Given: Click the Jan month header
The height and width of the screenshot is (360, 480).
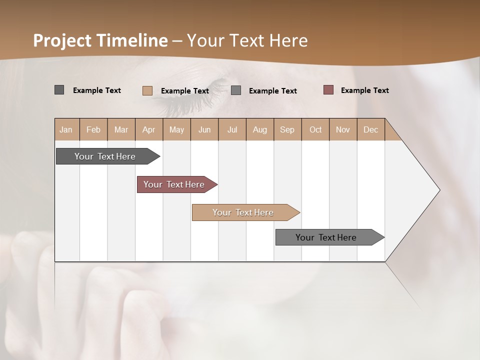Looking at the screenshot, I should [66, 129].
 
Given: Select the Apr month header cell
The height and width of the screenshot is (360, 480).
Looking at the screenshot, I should [149, 129].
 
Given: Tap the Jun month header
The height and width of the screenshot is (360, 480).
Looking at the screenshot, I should [204, 129].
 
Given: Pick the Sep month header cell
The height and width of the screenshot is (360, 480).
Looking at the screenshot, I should [287, 129].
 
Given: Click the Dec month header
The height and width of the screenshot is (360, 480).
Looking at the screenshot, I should [370, 129].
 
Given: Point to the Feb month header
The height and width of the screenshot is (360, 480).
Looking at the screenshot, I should [93, 129].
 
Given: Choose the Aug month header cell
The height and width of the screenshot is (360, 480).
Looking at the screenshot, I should [260, 129].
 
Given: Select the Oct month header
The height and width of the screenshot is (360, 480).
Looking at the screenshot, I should [315, 129].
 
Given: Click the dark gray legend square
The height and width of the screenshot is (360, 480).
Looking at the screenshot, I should [59, 90].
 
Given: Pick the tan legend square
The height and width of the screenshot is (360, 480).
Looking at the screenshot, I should [147, 90].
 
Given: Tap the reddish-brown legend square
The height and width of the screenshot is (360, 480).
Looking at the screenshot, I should [328, 90].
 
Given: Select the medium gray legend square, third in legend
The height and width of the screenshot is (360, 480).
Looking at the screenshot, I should [236, 90].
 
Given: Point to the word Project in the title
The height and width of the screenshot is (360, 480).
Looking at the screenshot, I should [62, 40].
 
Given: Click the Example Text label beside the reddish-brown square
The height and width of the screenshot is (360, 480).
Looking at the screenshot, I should [364, 90].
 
